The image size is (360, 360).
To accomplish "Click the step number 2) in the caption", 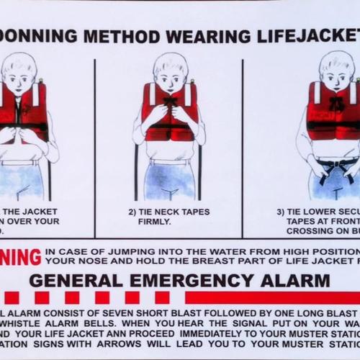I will [x=133, y=212].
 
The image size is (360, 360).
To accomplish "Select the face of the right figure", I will [x=337, y=72].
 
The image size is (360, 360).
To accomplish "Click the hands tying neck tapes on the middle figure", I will [x=170, y=112].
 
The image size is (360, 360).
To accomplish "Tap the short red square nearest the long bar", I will [x=162, y=297].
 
